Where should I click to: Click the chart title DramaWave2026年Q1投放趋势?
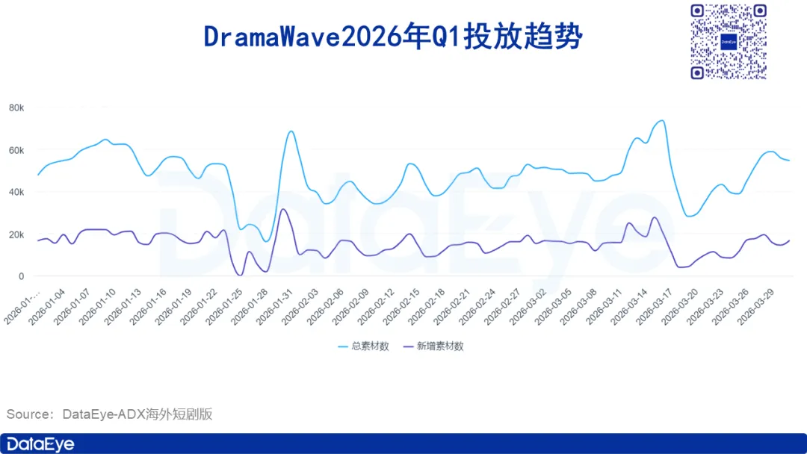tap(393, 37)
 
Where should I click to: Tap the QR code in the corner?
tap(729, 42)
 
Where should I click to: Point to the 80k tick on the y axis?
tap(16, 108)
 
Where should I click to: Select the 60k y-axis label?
tap(16, 151)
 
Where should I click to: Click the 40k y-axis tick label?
tap(16, 193)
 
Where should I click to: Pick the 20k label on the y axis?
tap(16, 235)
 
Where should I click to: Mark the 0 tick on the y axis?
tap(21, 276)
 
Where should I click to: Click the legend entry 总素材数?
tap(363, 346)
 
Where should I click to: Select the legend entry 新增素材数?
tap(433, 346)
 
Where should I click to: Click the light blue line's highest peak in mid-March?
tap(662, 121)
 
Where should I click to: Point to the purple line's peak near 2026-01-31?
tap(282, 209)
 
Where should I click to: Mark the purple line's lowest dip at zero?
tap(239, 276)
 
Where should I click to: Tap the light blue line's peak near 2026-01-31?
tap(291, 131)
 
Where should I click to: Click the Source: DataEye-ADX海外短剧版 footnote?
tap(110, 414)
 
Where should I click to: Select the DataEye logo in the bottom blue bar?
tap(40, 444)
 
